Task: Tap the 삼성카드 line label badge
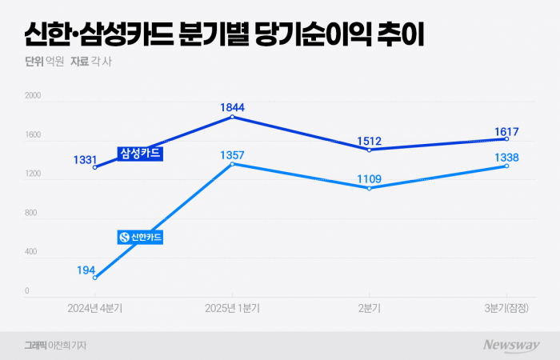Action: pos(140,153)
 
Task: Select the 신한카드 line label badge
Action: pos(140,237)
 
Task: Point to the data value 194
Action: pos(86,270)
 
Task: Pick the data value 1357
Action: pos(232,154)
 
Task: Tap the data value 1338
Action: pos(507,156)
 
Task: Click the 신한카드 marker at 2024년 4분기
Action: pos(94,278)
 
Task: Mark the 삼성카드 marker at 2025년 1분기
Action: pos(232,117)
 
